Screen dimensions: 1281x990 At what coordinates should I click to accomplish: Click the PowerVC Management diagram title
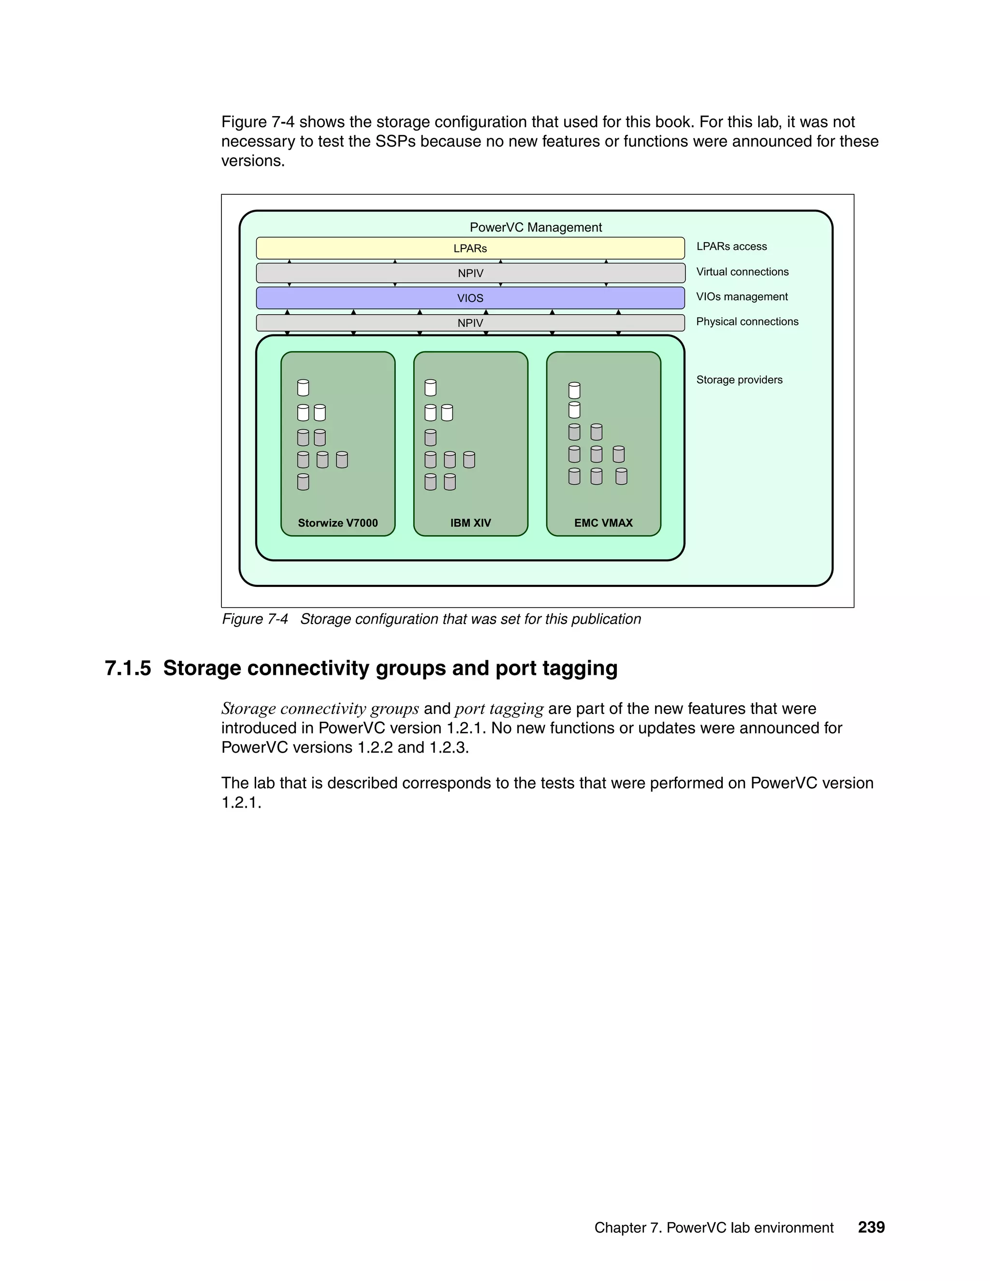[536, 227]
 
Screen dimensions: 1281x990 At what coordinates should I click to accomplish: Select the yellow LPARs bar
[470, 248]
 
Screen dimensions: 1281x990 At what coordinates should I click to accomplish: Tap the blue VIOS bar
[470, 298]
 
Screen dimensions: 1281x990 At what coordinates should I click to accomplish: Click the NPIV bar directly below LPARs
[470, 273]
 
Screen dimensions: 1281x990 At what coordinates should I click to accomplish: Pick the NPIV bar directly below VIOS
[470, 322]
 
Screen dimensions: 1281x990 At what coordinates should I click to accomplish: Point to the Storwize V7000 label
[337, 523]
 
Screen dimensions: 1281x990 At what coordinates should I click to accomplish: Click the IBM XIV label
[470, 523]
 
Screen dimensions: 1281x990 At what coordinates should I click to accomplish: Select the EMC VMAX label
[603, 523]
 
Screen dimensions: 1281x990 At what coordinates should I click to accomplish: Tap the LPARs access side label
[731, 247]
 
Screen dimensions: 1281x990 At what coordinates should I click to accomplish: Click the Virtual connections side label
[742, 272]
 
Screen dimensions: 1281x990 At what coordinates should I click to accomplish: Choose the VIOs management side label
[742, 297]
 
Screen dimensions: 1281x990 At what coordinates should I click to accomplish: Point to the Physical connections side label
[746, 321]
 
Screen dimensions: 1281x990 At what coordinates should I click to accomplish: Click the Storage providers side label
[739, 379]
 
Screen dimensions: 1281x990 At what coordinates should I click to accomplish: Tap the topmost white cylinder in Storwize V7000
[303, 388]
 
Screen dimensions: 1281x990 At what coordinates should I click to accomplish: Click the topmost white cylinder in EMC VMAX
[574, 391]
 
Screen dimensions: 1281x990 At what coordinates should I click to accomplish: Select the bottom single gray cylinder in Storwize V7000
[303, 482]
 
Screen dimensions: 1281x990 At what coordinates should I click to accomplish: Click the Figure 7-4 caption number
[255, 619]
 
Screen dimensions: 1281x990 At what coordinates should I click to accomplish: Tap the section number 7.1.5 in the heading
[128, 668]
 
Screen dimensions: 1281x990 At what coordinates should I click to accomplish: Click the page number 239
[871, 1227]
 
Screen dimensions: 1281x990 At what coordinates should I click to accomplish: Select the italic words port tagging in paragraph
[499, 709]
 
